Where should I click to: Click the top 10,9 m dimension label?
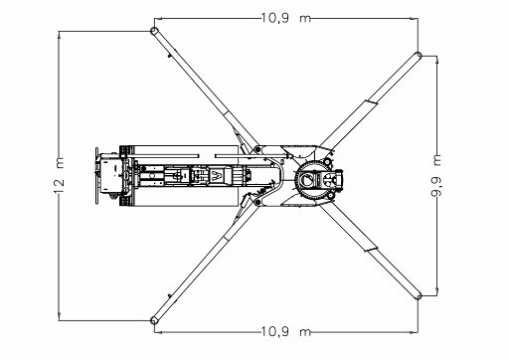click(x=286, y=18)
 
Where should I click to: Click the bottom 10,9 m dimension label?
click(x=286, y=331)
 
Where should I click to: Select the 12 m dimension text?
click(x=59, y=176)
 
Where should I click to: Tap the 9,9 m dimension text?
click(x=436, y=176)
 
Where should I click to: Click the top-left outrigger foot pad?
click(x=153, y=31)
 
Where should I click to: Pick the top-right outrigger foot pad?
click(x=419, y=55)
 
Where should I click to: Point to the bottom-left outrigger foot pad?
click(x=153, y=320)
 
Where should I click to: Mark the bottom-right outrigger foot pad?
click(x=419, y=296)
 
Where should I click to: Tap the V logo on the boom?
click(x=217, y=176)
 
